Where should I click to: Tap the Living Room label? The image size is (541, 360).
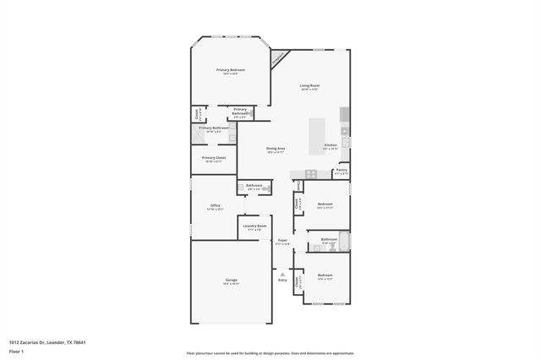coord(309,86)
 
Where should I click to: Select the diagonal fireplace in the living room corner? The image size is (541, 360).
coord(279,57)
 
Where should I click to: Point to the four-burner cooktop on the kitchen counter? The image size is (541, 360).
coord(345,131)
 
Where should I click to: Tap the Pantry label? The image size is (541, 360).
coord(342,171)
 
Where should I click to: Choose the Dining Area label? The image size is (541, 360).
coord(276,149)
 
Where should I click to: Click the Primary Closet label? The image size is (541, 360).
coord(214,158)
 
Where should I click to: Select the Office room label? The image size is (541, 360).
coord(215,205)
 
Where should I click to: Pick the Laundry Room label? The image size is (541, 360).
coord(254,226)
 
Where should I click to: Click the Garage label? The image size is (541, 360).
coord(231,281)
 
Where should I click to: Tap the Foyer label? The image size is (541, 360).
coord(282,241)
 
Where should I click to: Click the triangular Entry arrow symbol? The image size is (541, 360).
coord(282,273)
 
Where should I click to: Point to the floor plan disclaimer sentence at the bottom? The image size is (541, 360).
coord(270,353)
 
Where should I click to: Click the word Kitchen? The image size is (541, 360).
coord(331,145)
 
